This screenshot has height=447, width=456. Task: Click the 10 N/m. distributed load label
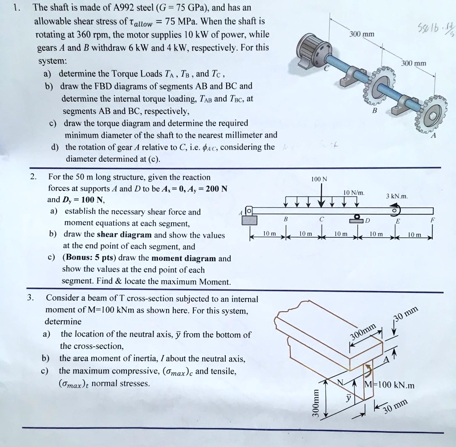(x=354, y=193)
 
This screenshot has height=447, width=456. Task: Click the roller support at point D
(x=356, y=218)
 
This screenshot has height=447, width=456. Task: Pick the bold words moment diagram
(x=184, y=258)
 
